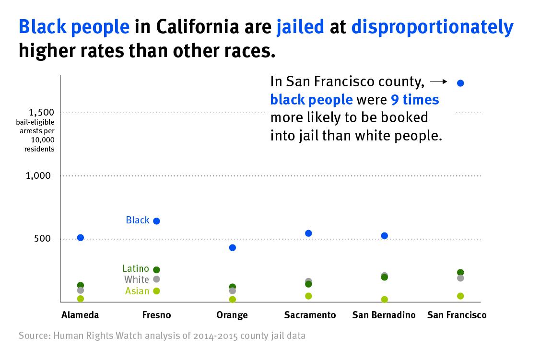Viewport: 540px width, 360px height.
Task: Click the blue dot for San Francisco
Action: [x=460, y=83]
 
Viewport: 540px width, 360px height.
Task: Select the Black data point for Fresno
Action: [x=156, y=221]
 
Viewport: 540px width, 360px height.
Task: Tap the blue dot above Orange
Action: [x=233, y=248]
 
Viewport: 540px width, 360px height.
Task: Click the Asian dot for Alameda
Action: [x=81, y=299]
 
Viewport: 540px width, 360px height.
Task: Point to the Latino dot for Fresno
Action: [x=156, y=270]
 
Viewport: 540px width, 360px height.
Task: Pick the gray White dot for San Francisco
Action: [x=460, y=278]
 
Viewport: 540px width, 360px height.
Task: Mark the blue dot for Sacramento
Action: [x=308, y=233]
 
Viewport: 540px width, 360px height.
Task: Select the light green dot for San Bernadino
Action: [x=384, y=300]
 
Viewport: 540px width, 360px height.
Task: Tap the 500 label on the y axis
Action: [x=42, y=239]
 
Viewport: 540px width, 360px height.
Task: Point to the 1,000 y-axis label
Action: [x=38, y=176]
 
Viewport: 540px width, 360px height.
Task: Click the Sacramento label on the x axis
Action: [x=310, y=315]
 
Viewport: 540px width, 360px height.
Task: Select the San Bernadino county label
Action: [x=384, y=315]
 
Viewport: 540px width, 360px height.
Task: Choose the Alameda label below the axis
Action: [x=80, y=315]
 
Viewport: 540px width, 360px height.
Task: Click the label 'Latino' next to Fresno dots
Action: [x=136, y=268]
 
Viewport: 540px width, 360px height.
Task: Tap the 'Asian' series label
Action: [x=137, y=291]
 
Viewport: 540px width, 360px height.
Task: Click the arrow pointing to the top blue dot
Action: [x=439, y=82]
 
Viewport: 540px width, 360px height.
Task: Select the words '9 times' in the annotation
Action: [x=415, y=100]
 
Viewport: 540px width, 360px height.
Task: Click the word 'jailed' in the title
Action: [x=300, y=27]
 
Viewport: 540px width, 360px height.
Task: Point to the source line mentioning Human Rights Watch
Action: [x=162, y=336]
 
